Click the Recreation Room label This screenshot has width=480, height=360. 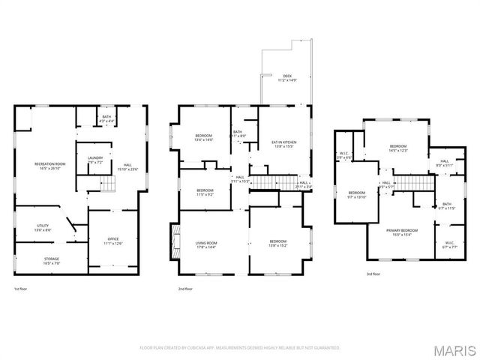[x=50, y=166]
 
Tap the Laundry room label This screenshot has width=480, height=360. [x=94, y=160]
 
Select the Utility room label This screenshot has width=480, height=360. [x=43, y=228]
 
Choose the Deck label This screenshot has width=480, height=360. [x=286, y=77]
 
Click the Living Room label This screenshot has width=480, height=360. [x=206, y=244]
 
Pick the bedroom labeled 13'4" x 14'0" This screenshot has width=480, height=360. [x=204, y=137]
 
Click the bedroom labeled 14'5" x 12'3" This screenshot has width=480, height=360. [x=397, y=148]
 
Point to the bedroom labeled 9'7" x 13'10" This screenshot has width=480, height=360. [x=356, y=194]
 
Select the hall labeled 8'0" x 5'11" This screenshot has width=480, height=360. [x=444, y=163]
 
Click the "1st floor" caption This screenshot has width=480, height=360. [x=22, y=288]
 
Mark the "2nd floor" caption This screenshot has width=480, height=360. [x=185, y=288]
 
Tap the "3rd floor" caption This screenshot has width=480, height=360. [x=373, y=274]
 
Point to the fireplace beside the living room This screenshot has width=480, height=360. [x=175, y=241]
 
